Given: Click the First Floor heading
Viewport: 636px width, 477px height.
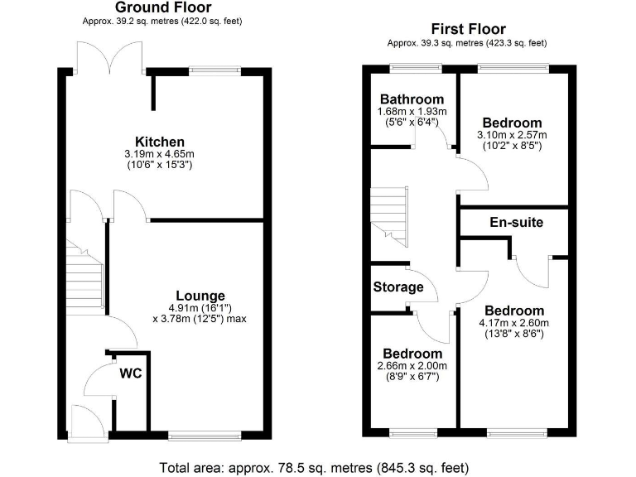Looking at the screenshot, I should [470, 30].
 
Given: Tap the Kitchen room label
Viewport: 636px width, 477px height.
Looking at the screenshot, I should [161, 142].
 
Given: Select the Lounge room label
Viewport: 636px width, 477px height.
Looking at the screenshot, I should [200, 295].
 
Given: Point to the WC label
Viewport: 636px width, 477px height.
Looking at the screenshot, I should [132, 373].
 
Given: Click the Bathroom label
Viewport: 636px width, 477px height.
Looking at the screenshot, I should [412, 99].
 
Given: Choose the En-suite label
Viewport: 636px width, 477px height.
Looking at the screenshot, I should [516, 222].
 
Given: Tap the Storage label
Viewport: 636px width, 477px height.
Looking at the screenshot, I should [398, 287].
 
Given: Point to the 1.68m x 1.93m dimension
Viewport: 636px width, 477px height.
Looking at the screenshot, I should [412, 112].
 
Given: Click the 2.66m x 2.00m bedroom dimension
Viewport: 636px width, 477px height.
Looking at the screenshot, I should [412, 365].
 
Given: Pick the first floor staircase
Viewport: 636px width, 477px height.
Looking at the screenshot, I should [390, 213].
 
